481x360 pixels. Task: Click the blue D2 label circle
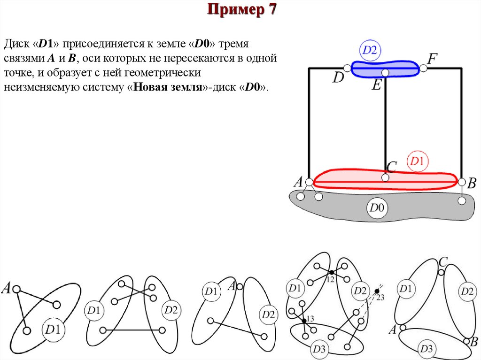coord(370,51)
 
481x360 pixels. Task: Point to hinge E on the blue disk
coord(385,73)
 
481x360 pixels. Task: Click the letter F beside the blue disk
coord(432,59)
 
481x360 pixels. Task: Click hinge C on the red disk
coord(385,178)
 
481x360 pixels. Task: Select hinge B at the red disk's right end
coord(462,182)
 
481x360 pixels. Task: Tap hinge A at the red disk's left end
coord(309,182)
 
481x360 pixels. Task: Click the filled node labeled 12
coord(331,272)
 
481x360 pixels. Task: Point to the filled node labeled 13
coord(304,321)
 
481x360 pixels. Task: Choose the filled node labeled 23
coord(377,291)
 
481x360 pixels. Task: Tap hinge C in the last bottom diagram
coord(441,272)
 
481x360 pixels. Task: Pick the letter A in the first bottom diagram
coord(7,287)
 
